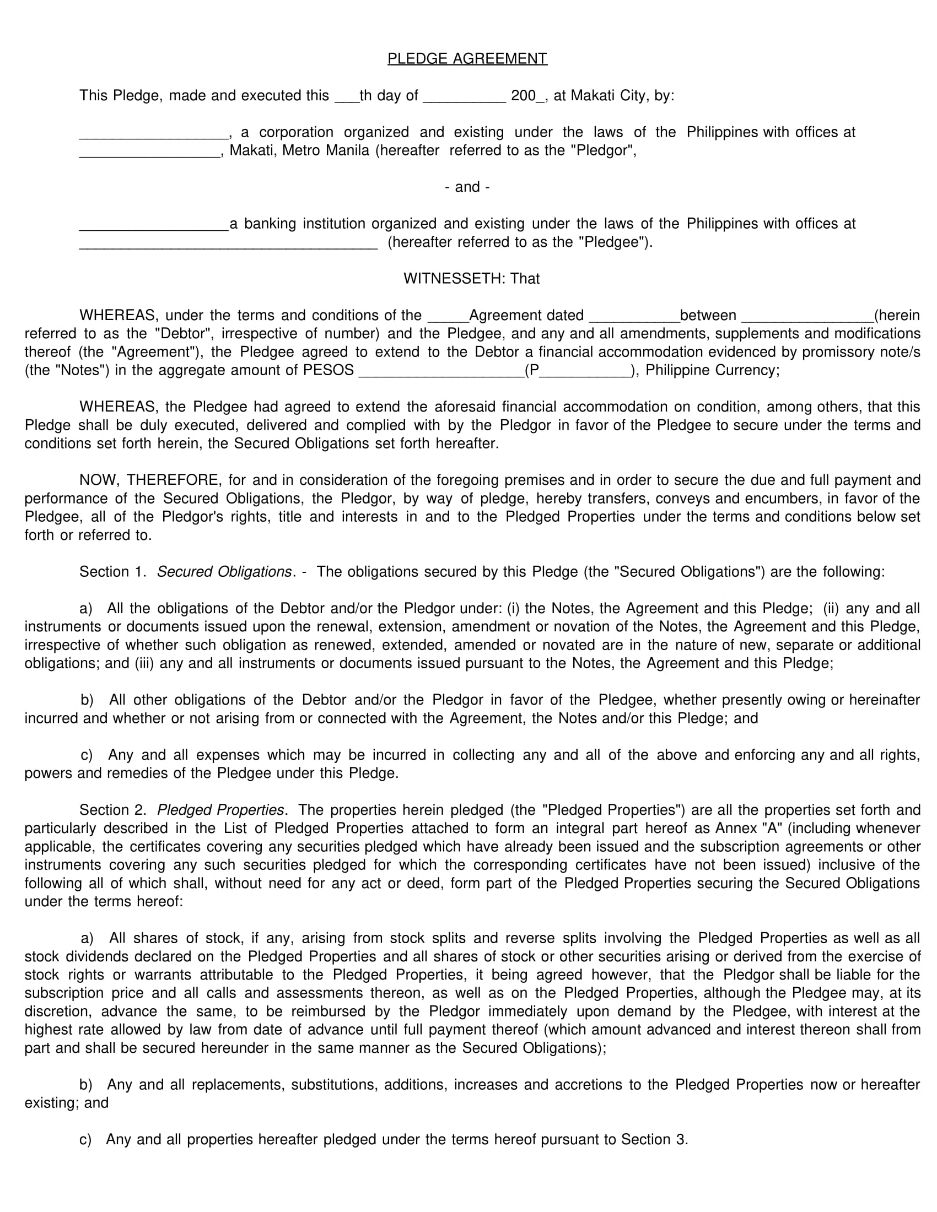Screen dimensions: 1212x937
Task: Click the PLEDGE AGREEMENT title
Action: click(467, 59)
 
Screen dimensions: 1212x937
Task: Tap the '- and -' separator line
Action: click(467, 187)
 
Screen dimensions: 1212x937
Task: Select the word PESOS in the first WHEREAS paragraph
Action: click(328, 370)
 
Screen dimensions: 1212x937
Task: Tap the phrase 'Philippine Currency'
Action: click(712, 370)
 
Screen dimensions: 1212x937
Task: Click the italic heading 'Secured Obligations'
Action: click(224, 572)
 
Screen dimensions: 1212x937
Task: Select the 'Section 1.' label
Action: click(112, 572)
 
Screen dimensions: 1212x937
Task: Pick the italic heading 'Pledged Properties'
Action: click(220, 810)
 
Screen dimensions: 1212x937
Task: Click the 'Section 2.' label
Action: click(112, 810)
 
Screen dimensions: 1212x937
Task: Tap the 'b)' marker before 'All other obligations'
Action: click(87, 700)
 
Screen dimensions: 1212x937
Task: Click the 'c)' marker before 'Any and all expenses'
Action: click(87, 755)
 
